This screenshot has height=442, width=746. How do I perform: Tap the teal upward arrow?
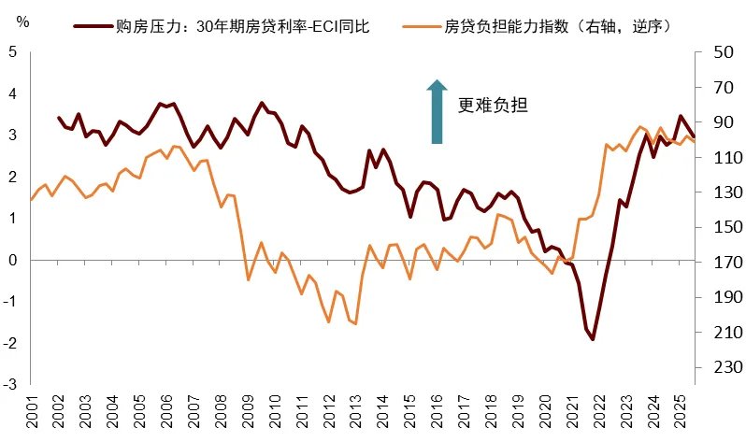(x=437, y=112)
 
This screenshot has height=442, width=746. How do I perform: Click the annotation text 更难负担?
(x=494, y=106)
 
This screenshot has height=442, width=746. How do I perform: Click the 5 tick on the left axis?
(x=12, y=52)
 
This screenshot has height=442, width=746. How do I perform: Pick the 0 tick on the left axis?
(x=12, y=260)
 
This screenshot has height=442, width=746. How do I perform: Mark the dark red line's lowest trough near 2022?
(x=593, y=339)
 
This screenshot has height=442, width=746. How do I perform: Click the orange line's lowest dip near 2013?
(x=356, y=324)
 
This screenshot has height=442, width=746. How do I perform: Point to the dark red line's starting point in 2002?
(x=59, y=118)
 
